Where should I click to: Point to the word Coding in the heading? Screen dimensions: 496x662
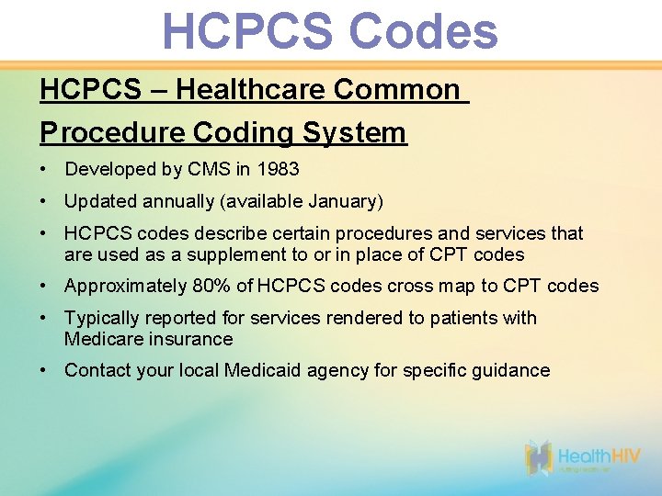pos(242,132)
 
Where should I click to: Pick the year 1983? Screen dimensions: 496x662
pos(278,170)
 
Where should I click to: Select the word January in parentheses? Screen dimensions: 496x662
pos(344,201)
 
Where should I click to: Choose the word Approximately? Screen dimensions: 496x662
pos(125,286)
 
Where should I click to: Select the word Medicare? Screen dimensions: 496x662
pos(102,339)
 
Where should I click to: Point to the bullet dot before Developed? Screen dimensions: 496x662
pos(44,170)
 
